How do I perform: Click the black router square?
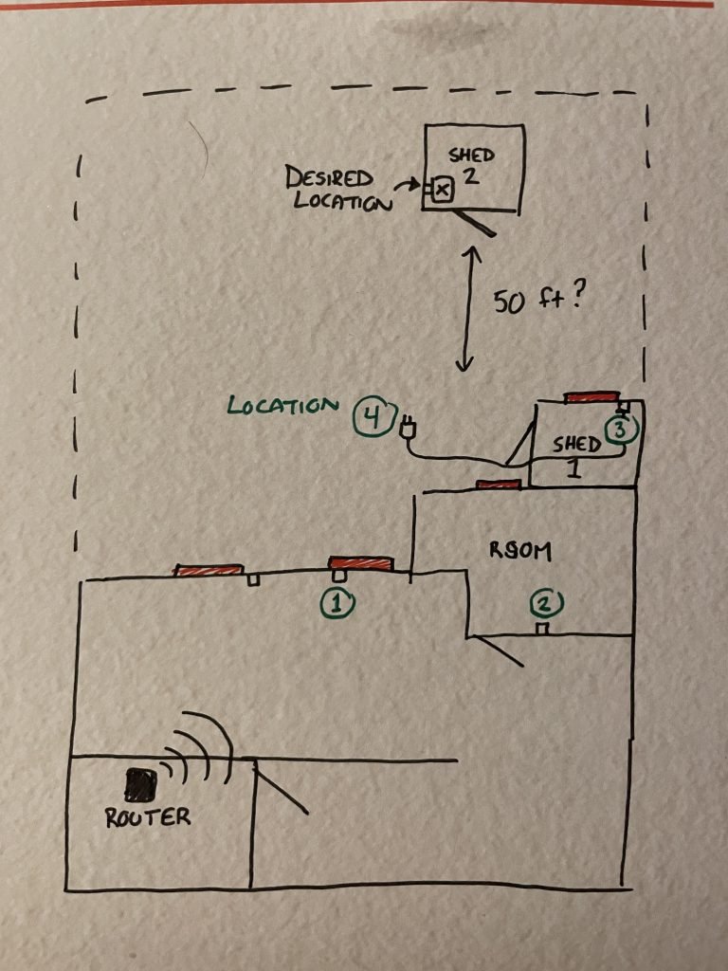(142, 781)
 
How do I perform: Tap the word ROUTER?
(148, 816)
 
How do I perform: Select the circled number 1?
(339, 601)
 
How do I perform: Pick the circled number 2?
(546, 602)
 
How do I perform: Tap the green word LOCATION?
(282, 405)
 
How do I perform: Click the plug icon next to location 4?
(409, 429)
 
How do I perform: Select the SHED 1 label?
(577, 453)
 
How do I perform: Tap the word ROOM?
(519, 550)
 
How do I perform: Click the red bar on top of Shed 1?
(592, 397)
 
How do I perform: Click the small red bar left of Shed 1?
(499, 485)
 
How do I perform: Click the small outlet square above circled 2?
(542, 629)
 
